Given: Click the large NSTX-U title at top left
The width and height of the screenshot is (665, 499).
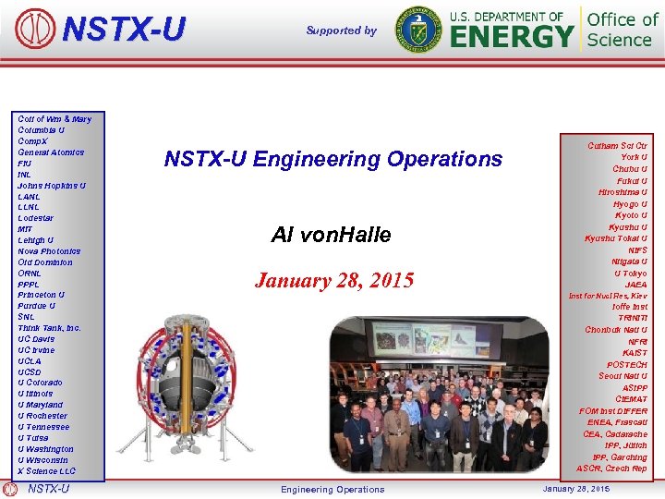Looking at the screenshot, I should point(123,30).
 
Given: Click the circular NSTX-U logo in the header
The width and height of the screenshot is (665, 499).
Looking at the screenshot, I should point(35,29).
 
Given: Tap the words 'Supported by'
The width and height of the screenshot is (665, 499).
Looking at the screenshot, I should point(341,30).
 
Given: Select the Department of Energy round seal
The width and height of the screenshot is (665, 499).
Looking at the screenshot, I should point(417,29).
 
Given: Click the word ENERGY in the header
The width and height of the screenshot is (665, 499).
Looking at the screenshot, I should point(512,37).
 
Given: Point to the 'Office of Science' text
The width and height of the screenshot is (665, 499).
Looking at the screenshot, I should point(623,29).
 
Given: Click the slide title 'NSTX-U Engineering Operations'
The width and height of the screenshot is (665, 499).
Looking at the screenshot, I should point(332,159).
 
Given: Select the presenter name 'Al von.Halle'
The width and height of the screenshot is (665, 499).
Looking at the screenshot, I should point(331,236).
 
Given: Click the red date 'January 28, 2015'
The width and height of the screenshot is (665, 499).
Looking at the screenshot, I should point(333,280).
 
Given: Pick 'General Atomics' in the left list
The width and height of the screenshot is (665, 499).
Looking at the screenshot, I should point(50,152).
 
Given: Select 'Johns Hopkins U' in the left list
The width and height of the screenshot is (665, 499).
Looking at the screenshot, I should point(51,186).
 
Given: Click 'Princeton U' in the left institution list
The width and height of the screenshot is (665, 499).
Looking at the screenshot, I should point(41,295).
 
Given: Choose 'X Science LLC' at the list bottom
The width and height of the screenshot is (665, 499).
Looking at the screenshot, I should point(46,471).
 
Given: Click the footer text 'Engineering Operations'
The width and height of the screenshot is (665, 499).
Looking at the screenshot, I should point(332,490).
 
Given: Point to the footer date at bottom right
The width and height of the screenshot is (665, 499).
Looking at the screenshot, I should point(575,489).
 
